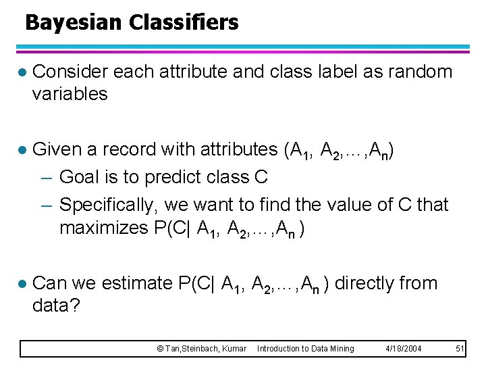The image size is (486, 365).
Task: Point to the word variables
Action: (x=70, y=94)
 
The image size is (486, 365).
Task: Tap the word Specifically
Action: (x=121, y=204)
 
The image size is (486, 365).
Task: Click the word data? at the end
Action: (x=56, y=306)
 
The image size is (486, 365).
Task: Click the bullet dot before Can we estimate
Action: (x=22, y=284)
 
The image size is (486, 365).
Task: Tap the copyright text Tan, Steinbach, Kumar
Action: (x=201, y=349)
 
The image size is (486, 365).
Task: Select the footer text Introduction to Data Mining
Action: (x=305, y=349)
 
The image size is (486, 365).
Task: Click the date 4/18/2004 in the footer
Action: (x=404, y=349)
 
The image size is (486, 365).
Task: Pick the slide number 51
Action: (x=460, y=349)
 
